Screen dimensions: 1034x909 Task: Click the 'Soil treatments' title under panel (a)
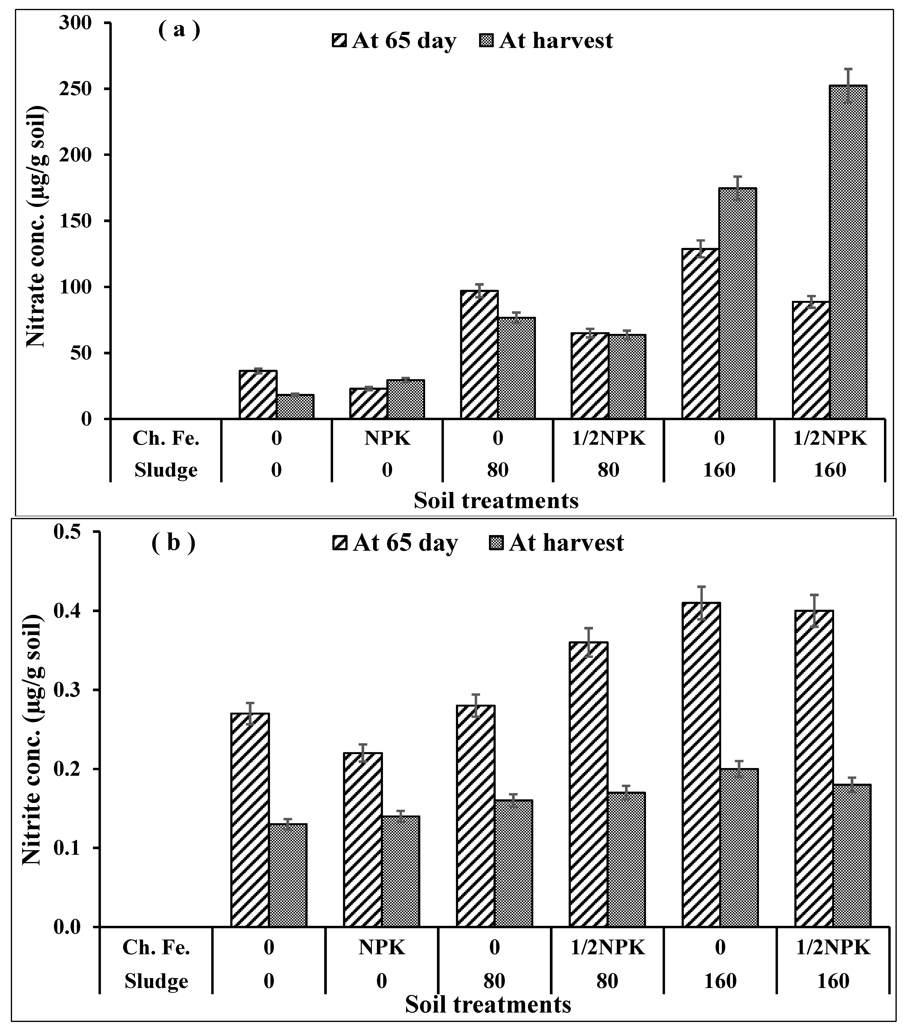(496, 501)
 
